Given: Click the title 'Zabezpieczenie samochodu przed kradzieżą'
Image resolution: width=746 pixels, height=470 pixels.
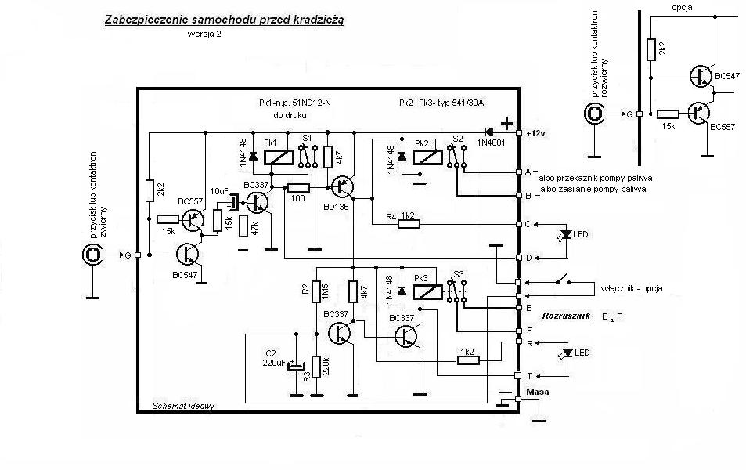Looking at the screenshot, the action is [224, 20].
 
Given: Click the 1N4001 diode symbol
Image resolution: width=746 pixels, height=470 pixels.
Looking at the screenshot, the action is [489, 132].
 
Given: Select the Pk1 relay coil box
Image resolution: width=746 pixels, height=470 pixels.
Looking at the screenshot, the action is [279, 157].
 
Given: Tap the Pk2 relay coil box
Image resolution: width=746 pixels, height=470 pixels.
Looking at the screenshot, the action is [427, 157].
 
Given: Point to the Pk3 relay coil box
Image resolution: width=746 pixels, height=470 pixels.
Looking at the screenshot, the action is [427, 291].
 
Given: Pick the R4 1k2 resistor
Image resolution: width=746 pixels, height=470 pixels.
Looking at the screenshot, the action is [409, 224].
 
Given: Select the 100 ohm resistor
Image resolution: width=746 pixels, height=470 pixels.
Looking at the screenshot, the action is [298, 188].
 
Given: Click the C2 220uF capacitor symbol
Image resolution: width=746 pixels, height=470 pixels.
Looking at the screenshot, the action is [297, 366].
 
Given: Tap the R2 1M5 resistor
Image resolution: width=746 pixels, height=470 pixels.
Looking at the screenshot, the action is [316, 291].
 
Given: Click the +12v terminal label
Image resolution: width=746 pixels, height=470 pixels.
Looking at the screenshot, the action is [535, 134].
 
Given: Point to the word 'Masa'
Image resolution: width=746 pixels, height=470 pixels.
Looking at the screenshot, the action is [538, 392].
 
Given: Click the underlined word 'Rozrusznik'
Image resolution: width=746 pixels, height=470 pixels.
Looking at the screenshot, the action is [566, 316].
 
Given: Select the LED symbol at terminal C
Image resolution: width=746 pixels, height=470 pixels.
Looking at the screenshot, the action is [566, 235].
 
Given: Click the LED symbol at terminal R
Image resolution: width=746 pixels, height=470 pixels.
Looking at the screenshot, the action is [567, 352].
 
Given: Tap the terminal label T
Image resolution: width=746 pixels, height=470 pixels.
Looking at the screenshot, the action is [529, 375].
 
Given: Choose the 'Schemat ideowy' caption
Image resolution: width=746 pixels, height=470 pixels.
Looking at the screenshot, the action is [183, 407].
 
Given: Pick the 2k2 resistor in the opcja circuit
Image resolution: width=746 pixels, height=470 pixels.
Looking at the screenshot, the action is [651, 49].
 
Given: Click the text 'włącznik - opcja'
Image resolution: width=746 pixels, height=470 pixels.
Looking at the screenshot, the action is [632, 288].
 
